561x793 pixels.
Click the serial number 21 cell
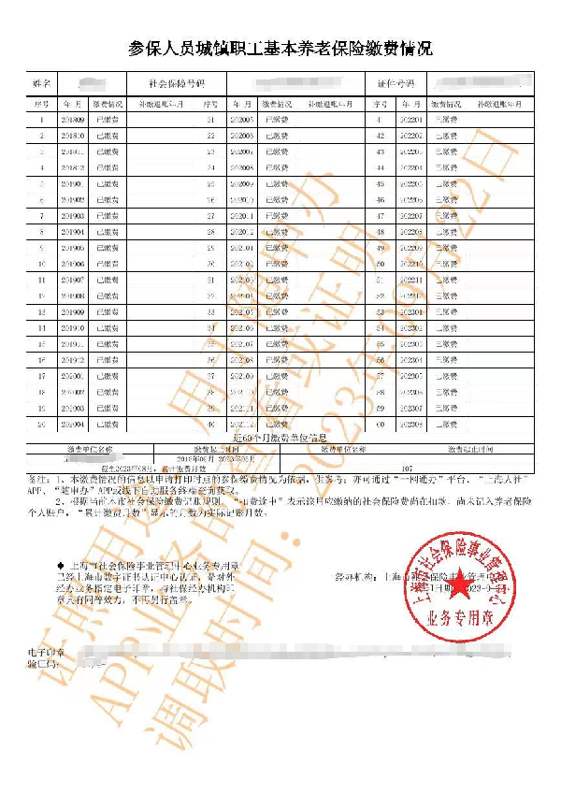(210, 121)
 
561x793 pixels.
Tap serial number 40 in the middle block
(210, 424)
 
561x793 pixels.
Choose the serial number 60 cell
(380, 424)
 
